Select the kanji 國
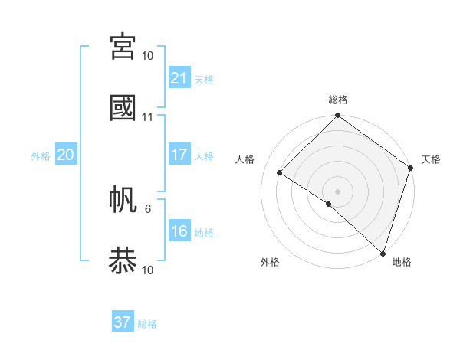coord(123,107)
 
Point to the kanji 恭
coord(123,260)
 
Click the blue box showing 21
coord(179,77)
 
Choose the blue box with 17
coord(179,155)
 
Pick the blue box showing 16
coord(179,231)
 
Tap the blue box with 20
coord(65,155)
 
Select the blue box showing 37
coord(123,322)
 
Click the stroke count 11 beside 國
coord(148,117)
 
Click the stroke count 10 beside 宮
coord(148,56)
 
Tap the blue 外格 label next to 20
coord(41,156)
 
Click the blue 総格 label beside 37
coord(147,324)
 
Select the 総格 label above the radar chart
coord(338,100)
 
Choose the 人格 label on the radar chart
coord(245,159)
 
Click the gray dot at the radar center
coord(337,191)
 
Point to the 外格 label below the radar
coord(270,262)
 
